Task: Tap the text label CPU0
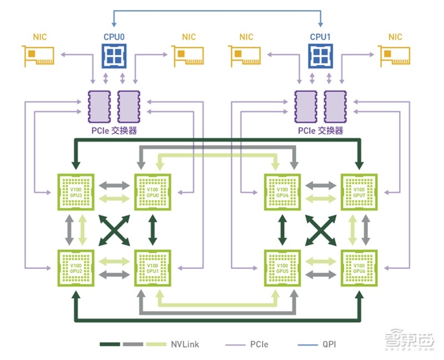click(x=114, y=37)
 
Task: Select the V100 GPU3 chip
click(x=77, y=192)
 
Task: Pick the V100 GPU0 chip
click(x=153, y=192)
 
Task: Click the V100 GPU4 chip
click(x=282, y=192)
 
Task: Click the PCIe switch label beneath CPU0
click(x=114, y=131)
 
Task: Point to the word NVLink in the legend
click(x=185, y=344)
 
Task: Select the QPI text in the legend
click(x=328, y=344)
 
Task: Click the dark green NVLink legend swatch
click(x=112, y=344)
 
